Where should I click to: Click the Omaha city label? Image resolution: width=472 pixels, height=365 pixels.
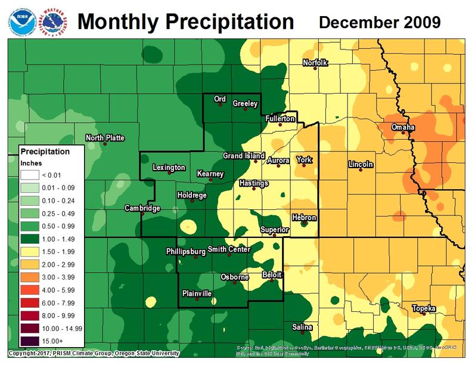click(403, 128)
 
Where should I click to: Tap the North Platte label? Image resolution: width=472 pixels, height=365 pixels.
click(105, 138)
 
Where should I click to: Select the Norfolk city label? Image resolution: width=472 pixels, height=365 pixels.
click(315, 62)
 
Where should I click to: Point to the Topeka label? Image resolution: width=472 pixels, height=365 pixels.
click(424, 308)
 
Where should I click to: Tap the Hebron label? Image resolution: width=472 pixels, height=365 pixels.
click(304, 218)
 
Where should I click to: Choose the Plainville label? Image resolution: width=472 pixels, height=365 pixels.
click(196, 293)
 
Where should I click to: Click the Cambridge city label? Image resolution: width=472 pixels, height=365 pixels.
click(142, 208)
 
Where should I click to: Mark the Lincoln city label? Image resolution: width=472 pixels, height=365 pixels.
click(361, 164)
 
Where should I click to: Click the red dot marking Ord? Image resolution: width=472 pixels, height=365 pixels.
click(220, 104)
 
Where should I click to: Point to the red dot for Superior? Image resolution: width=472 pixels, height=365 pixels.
click(274, 235)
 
